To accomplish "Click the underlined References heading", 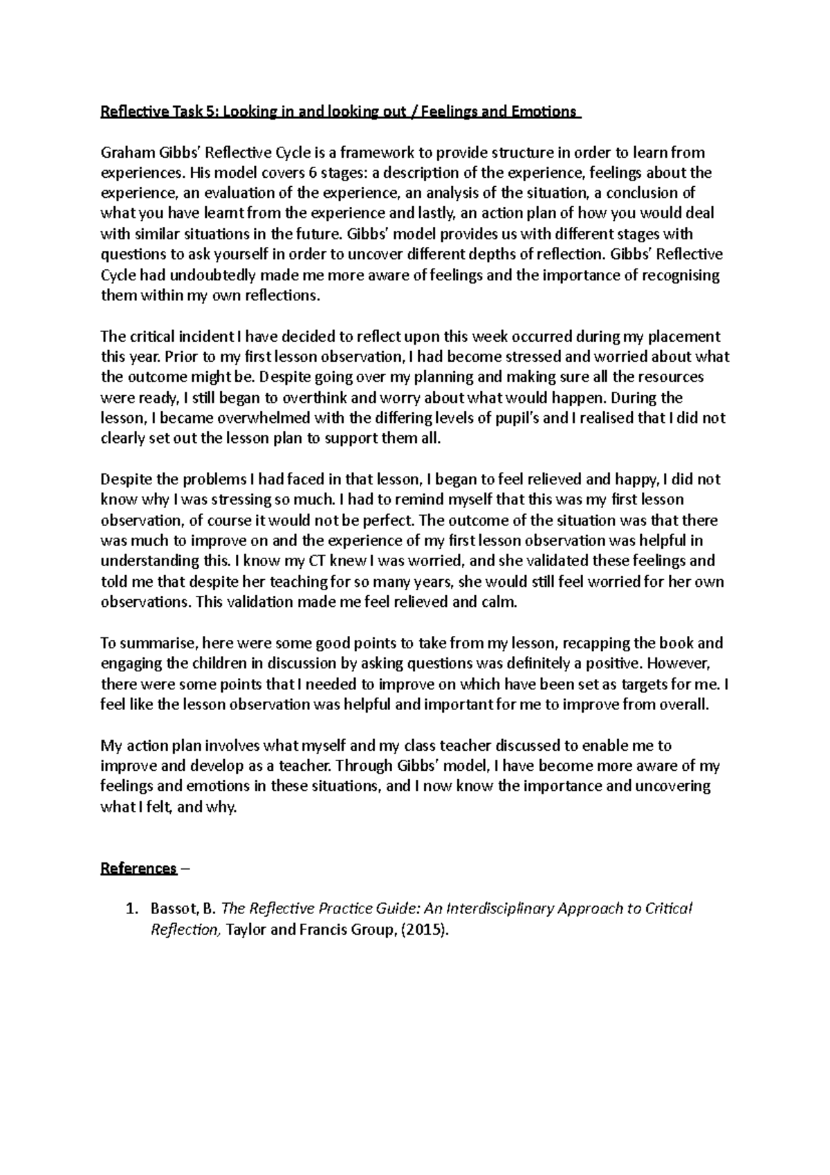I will pos(139,868).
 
